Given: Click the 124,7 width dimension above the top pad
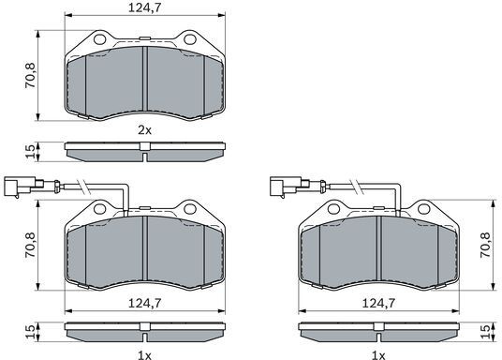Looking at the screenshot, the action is pyautogui.click(x=144, y=7).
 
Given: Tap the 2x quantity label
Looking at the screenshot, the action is pyautogui.click(x=144, y=130).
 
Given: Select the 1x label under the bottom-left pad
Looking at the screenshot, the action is pyautogui.click(x=144, y=355).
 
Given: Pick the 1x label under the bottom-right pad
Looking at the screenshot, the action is pyautogui.click(x=378, y=355).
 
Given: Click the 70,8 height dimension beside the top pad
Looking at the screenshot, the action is pyautogui.click(x=31, y=76).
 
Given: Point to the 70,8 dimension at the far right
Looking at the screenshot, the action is pyautogui.click(x=486, y=246).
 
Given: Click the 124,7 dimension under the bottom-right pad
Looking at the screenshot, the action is pyautogui.click(x=378, y=303).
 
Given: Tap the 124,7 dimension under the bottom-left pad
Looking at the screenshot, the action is pyautogui.click(x=144, y=303).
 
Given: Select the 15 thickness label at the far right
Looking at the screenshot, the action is pyautogui.click(x=486, y=332).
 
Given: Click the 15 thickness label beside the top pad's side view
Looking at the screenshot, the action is pyautogui.click(x=31, y=151).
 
